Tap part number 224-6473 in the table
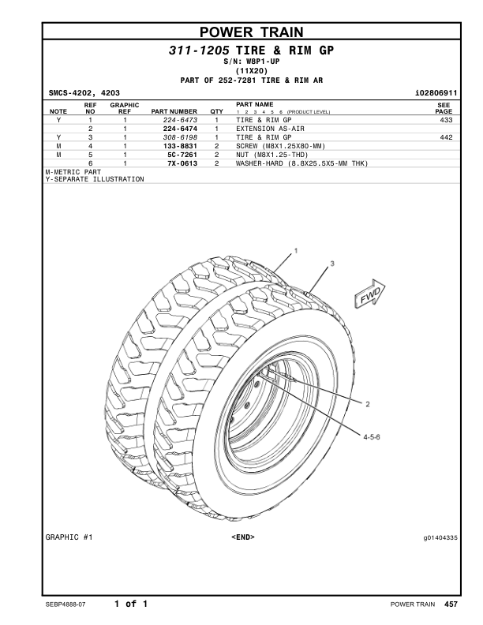[179, 120]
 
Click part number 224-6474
[179, 129]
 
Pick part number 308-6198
[179, 137]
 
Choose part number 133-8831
[179, 146]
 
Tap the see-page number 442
[446, 137]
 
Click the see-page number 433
[446, 120]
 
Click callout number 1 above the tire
[295, 250]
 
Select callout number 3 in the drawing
[331, 261]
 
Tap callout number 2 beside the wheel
[367, 403]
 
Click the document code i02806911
[436, 93]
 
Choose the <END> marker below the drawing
[243, 537]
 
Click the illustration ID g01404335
[440, 537]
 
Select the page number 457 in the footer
[451, 604]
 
